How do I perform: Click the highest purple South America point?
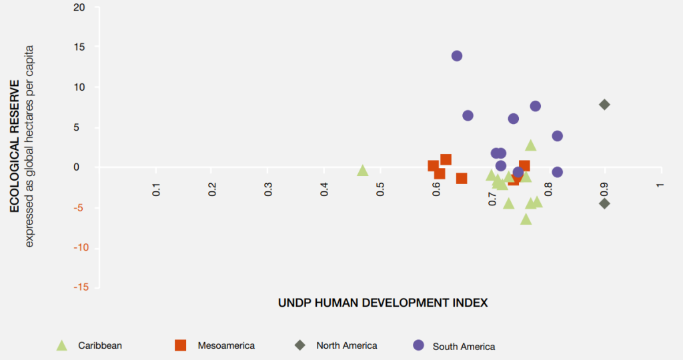tap(457, 56)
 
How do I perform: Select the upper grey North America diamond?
tap(604, 105)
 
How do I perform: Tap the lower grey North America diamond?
tap(604, 203)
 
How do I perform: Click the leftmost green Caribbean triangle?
tap(363, 171)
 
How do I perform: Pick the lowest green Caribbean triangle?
tap(526, 219)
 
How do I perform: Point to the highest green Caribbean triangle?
tap(531, 145)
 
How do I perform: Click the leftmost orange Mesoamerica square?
tap(434, 166)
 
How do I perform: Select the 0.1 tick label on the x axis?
tap(157, 190)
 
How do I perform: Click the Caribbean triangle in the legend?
tap(61, 345)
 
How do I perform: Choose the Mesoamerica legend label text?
tap(226, 345)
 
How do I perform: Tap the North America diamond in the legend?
tap(301, 345)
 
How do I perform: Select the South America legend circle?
tap(418, 345)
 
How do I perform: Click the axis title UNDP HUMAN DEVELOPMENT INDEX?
tap(383, 303)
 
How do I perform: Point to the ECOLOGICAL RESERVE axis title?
tap(14, 146)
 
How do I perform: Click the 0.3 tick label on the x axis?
tap(268, 190)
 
